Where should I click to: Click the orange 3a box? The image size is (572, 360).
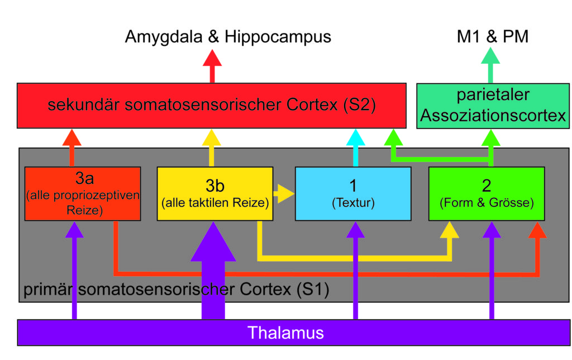click(83, 193)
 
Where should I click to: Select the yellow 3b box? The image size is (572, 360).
click(215, 193)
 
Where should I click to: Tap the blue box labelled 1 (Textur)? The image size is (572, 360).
click(353, 193)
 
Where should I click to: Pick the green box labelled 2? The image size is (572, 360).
click(487, 193)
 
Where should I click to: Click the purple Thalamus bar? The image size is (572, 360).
click(294, 333)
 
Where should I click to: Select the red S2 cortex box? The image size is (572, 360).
click(212, 106)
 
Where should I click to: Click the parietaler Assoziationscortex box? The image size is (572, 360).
click(493, 106)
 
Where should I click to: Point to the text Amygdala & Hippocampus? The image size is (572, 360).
click(228, 37)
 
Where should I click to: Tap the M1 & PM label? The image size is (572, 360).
click(493, 36)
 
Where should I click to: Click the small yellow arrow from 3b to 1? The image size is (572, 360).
click(284, 193)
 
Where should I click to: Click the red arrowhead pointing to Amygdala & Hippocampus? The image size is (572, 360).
click(212, 58)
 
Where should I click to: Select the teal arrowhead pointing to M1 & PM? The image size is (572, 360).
click(490, 55)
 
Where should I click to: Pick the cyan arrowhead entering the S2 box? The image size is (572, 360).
click(356, 138)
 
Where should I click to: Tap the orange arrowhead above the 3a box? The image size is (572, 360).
click(72, 138)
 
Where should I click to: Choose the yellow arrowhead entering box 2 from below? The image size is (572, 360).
click(450, 230)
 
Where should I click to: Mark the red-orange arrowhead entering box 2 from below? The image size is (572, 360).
click(537, 230)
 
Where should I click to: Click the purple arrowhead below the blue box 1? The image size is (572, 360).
click(356, 230)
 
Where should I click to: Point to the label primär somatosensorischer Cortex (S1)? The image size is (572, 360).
click(176, 290)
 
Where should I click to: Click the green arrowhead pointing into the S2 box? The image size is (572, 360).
click(393, 138)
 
